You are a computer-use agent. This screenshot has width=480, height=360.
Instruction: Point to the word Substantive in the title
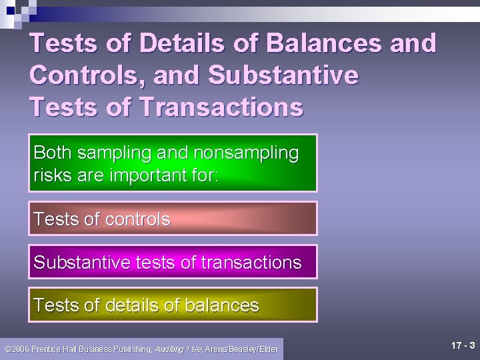(x=283, y=75)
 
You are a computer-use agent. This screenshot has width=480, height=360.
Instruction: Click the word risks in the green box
(x=51, y=176)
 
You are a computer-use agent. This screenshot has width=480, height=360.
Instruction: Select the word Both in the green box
(x=53, y=153)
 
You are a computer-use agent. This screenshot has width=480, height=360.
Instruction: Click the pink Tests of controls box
(x=173, y=219)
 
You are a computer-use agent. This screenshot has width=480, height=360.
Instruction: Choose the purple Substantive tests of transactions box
(x=173, y=262)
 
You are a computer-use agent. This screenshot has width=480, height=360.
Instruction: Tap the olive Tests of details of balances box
(x=173, y=305)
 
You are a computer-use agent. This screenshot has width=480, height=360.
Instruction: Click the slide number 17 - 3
(x=463, y=346)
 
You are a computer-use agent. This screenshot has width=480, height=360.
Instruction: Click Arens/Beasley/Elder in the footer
(x=241, y=349)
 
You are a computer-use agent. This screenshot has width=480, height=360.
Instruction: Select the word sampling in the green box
(x=115, y=153)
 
